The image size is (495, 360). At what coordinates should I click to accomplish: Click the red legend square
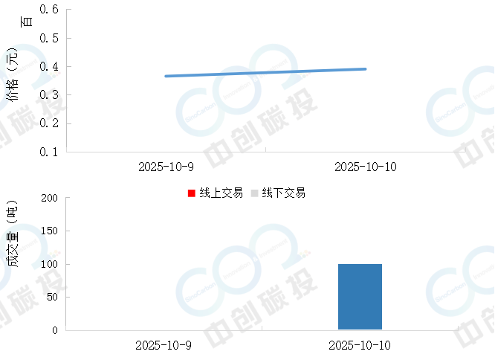click(x=192, y=193)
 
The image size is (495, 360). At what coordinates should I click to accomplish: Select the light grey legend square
click(x=255, y=193)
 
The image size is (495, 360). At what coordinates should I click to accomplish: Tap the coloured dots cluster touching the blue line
click(x=305, y=74)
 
